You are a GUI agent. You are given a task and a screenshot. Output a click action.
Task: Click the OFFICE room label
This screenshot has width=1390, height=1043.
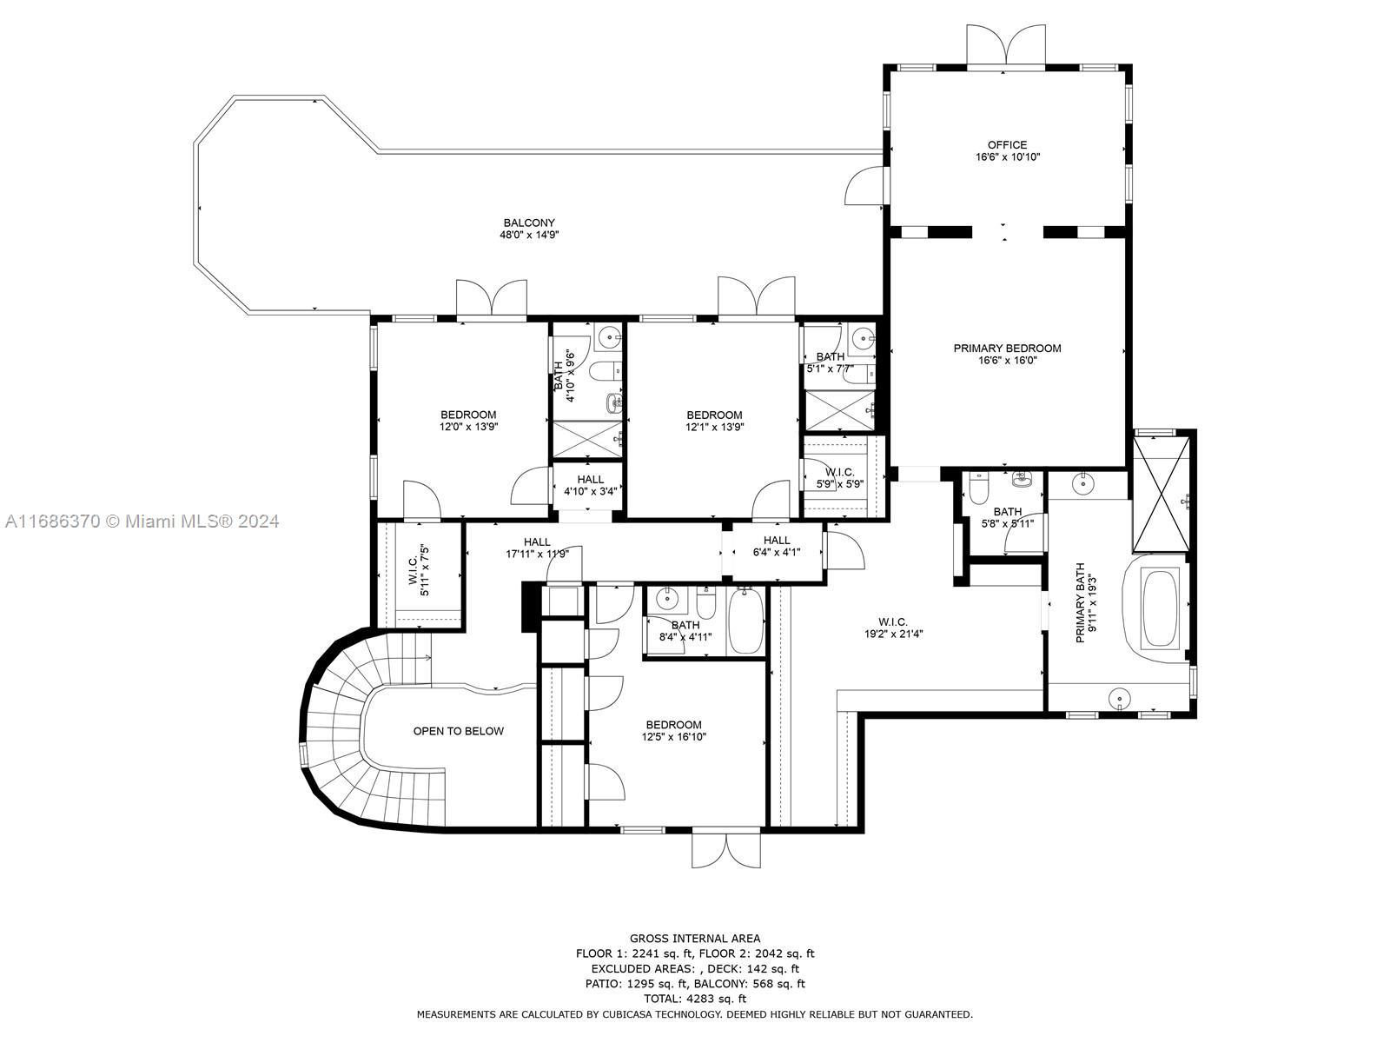(x=1007, y=145)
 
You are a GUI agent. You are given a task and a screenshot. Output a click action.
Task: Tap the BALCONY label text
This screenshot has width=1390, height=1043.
(x=529, y=223)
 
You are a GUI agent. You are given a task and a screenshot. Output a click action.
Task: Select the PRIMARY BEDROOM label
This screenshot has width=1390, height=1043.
(x=1007, y=349)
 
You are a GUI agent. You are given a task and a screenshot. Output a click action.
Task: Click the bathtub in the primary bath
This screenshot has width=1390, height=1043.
(x=1160, y=608)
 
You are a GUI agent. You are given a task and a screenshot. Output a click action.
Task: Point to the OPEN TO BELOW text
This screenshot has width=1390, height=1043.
(x=459, y=731)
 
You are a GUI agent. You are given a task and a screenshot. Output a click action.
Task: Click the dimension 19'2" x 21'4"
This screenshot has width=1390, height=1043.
(x=893, y=634)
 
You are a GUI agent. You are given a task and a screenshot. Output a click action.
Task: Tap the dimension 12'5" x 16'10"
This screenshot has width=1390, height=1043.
(x=674, y=736)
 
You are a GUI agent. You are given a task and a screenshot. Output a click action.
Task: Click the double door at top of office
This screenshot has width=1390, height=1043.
(x=1006, y=45)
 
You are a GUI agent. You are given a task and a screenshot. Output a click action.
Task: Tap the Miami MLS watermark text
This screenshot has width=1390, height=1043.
(x=142, y=521)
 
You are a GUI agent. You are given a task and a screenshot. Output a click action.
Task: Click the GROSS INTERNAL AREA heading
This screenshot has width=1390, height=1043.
(x=695, y=939)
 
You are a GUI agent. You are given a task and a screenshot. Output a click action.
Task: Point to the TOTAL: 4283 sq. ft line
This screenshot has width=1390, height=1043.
(x=695, y=999)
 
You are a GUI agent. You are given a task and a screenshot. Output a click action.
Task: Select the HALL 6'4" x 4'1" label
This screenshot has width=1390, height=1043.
(x=777, y=546)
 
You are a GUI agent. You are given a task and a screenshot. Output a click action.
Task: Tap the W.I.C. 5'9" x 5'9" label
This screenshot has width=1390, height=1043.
(x=840, y=478)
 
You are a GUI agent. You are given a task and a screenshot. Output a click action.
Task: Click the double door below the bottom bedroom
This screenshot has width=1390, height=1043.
(x=725, y=848)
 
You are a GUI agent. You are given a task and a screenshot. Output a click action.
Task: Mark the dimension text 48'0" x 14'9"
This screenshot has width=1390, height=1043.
(x=529, y=235)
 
